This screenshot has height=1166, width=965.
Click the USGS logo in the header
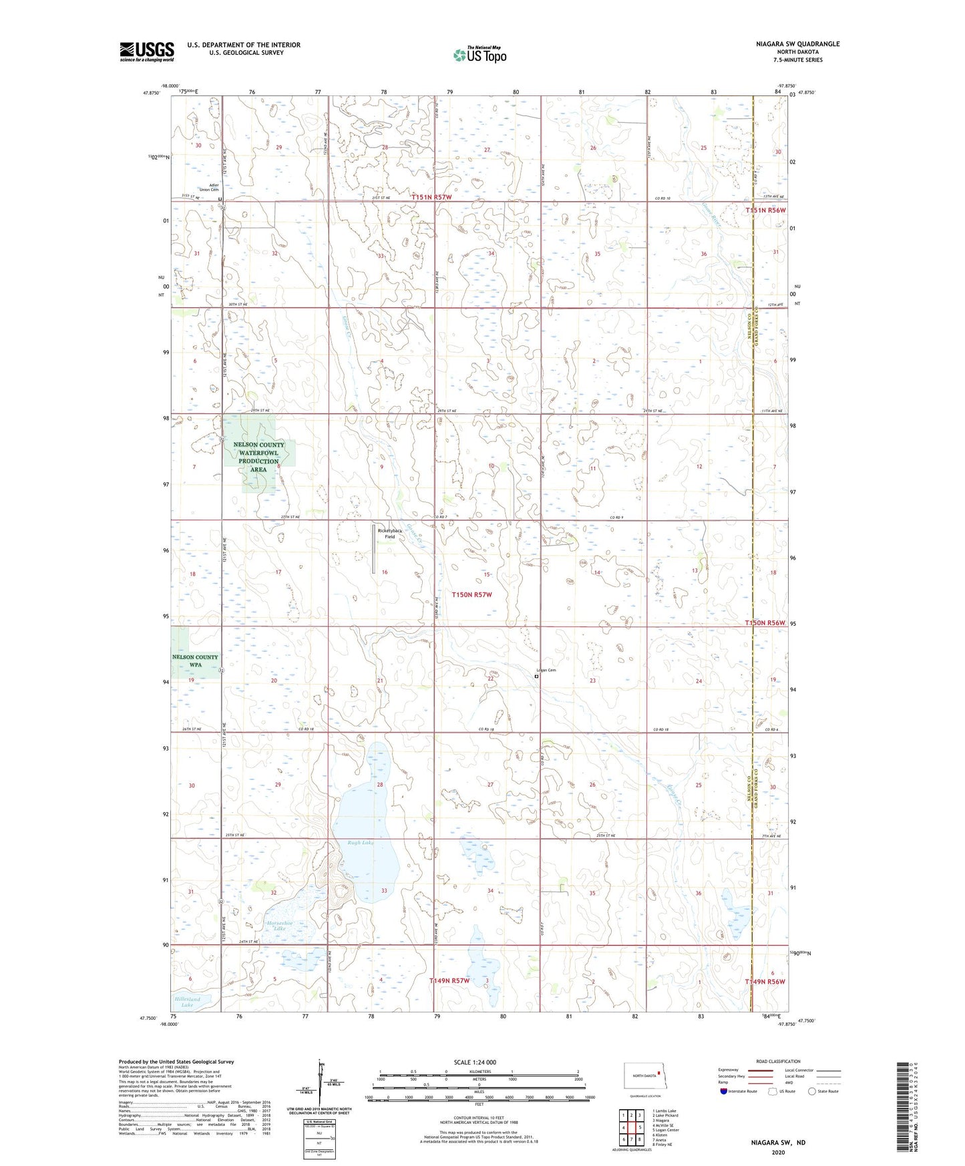(146, 51)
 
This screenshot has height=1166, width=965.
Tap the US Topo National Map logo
(479, 55)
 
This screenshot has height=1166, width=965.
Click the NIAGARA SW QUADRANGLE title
(789, 44)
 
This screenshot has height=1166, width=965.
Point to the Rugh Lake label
(360, 843)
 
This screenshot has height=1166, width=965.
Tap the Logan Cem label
(546, 670)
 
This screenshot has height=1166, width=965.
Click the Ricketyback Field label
(386, 534)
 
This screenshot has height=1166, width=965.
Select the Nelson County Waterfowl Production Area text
(258, 457)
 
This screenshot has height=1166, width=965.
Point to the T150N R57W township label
(471, 594)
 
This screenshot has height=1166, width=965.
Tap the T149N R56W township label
(765, 982)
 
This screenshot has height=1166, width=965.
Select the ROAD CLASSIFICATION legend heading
(778, 1061)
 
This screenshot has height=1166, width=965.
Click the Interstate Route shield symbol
(724, 1092)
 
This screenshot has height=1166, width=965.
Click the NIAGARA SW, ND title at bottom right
(778, 1143)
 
